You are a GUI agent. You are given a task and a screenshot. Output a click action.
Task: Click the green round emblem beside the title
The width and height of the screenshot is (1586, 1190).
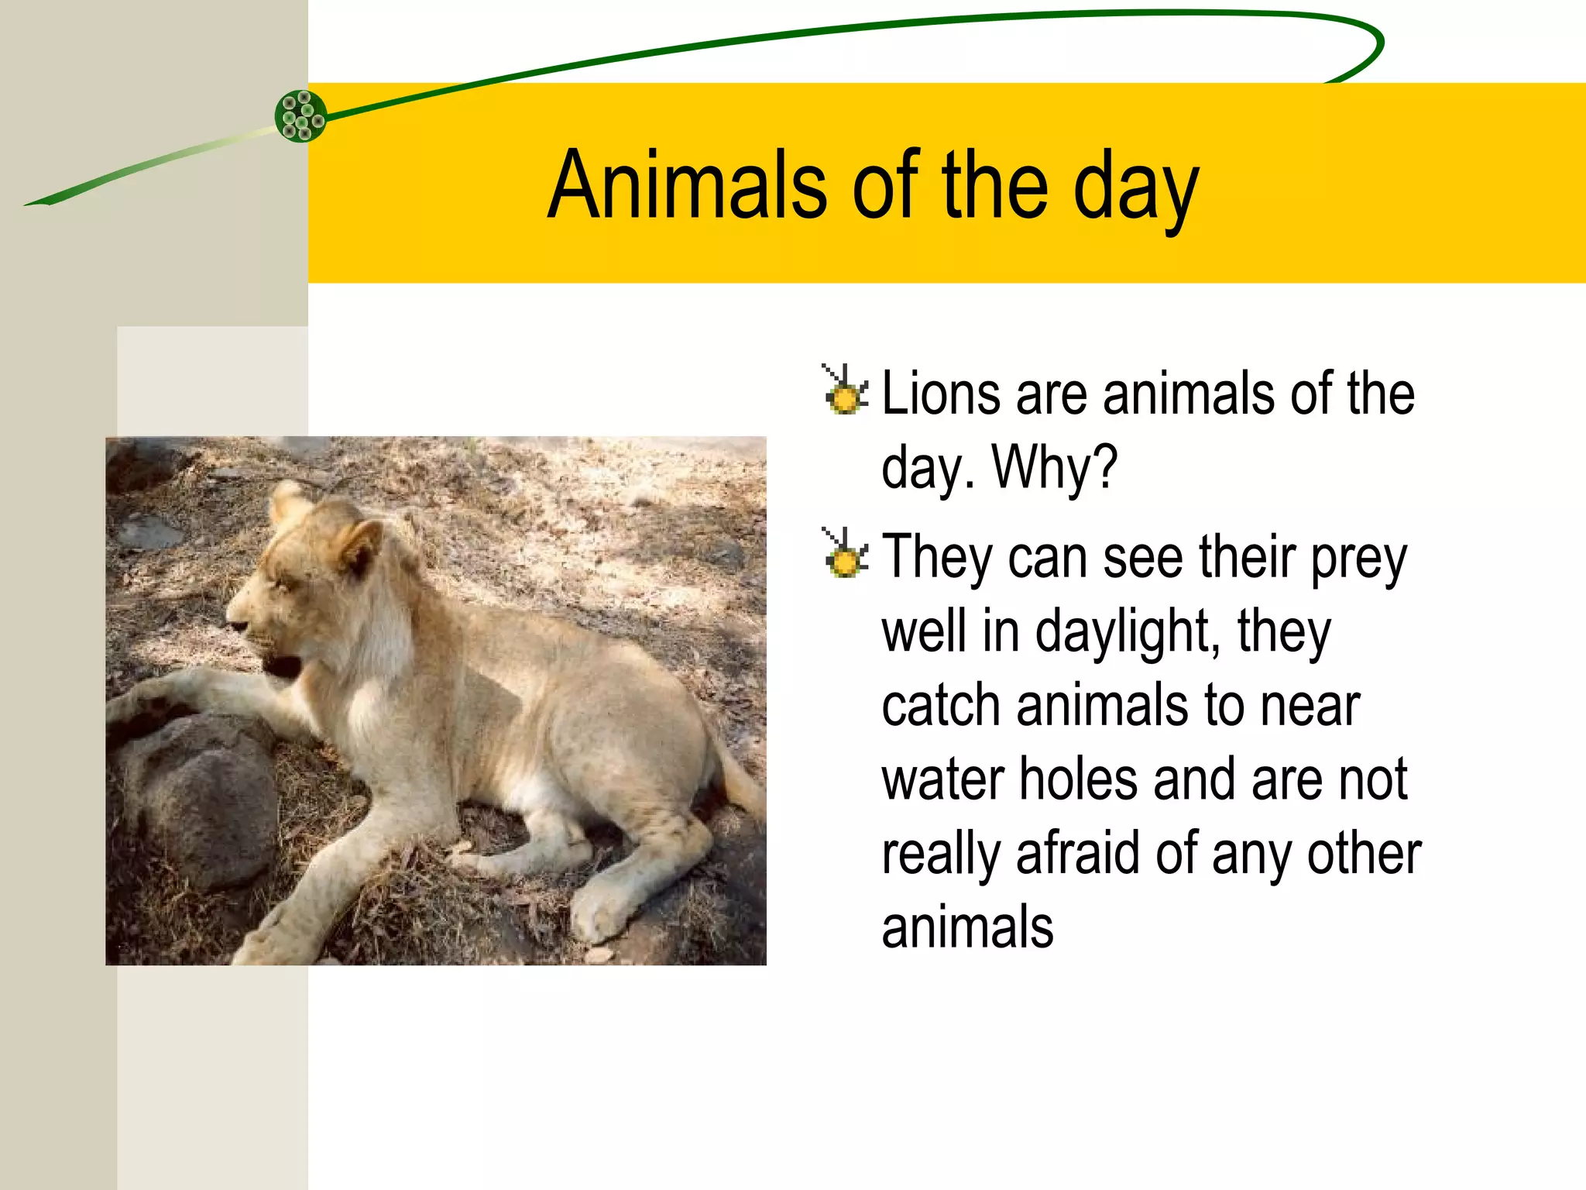[300, 116]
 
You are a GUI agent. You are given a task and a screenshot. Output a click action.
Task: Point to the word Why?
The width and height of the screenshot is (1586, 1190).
[1055, 468]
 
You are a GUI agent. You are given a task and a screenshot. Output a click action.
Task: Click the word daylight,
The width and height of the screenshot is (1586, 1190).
[1128, 632]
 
